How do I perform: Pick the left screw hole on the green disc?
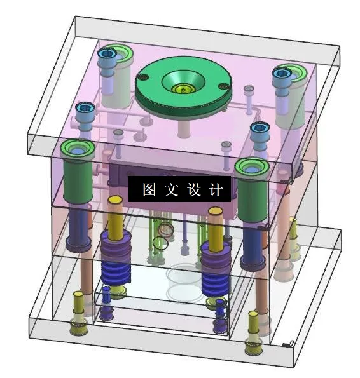click(144, 78)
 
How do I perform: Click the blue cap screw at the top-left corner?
click(106, 56)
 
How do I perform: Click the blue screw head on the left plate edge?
click(84, 109)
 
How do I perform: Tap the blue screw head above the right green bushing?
click(259, 128)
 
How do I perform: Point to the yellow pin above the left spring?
click(115, 216)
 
